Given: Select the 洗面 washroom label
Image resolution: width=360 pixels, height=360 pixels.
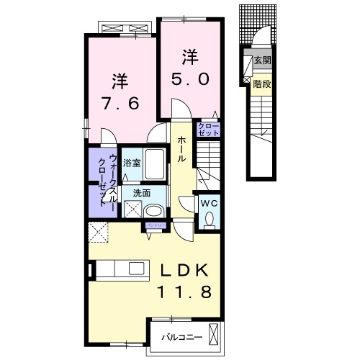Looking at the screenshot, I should point(141,193).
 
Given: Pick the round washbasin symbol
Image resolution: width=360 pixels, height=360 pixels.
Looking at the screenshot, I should point(153,212).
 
